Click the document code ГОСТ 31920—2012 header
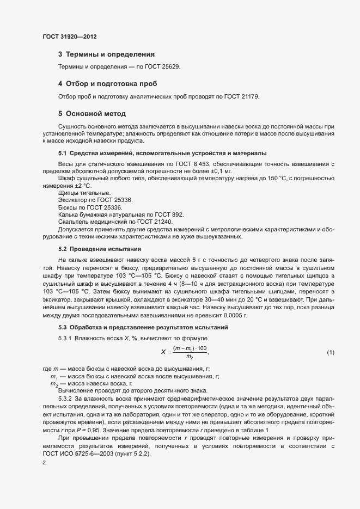[x=70, y=36]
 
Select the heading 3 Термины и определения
[x=106, y=54]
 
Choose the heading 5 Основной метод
[x=92, y=114]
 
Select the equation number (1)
[x=330, y=353]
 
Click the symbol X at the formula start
[x=163, y=352]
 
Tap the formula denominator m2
[x=190, y=357]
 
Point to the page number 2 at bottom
[x=44, y=462]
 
